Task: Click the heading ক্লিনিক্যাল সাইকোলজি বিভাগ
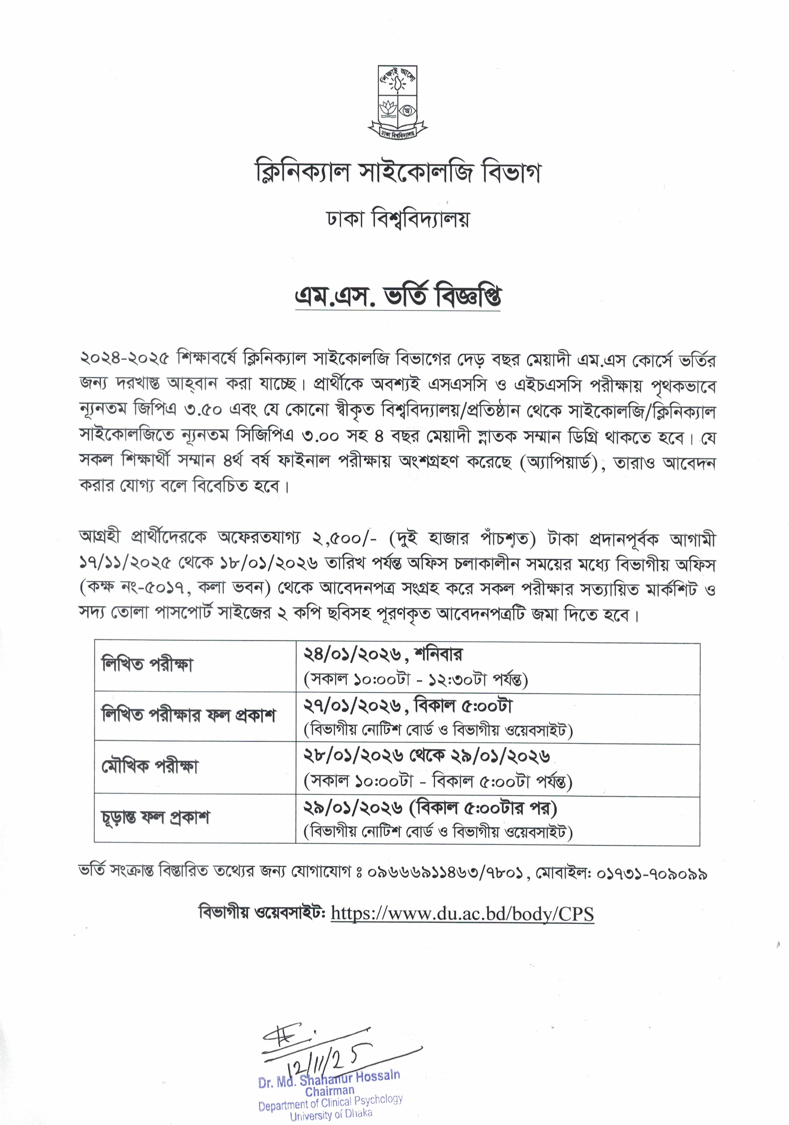coord(397,172)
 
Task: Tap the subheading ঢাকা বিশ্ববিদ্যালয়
coord(398,219)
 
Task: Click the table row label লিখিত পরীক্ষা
coord(147,665)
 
